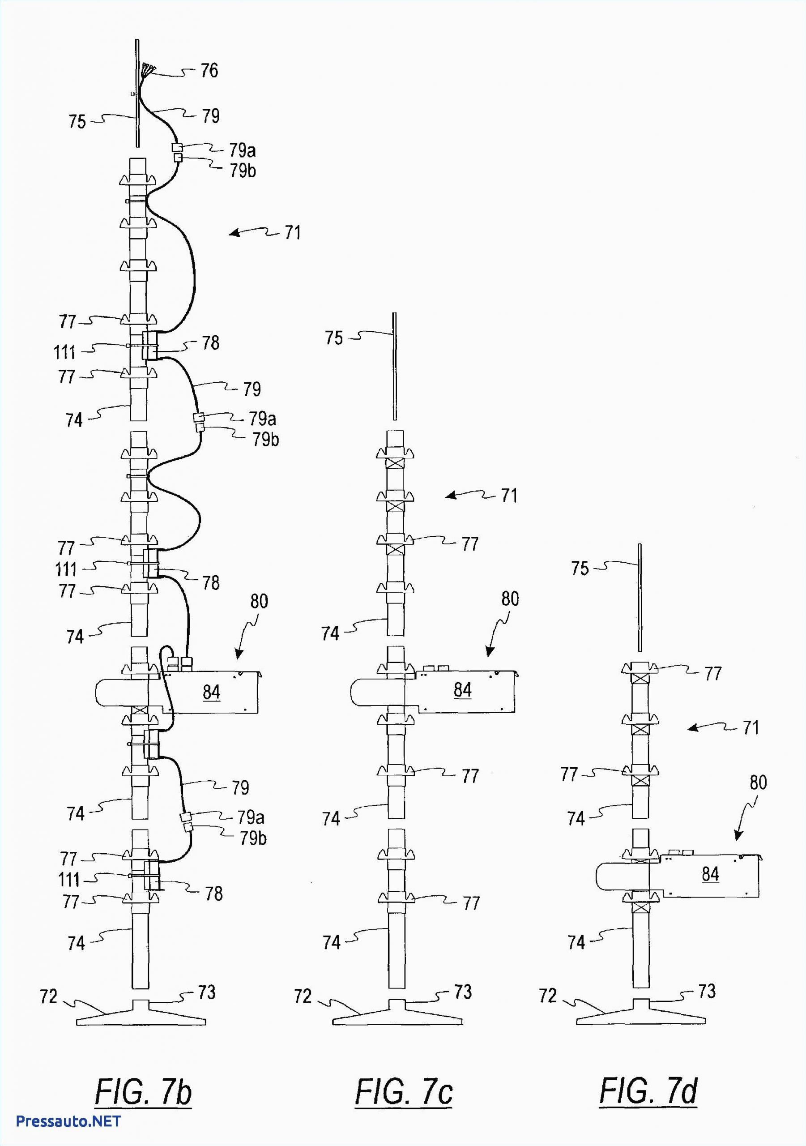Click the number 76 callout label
(x=209, y=70)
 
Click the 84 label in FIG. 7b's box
(x=211, y=692)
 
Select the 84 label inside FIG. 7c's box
(x=462, y=690)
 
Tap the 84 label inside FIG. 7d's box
(x=710, y=874)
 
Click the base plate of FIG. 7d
(x=641, y=1014)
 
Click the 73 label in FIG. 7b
(x=207, y=992)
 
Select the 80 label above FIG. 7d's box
(x=758, y=782)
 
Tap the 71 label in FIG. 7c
(x=508, y=496)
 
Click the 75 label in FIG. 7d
(x=580, y=569)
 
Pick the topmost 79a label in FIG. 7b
(x=243, y=150)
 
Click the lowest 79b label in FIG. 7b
(x=253, y=838)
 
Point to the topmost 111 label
(x=64, y=353)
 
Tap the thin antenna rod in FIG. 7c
(x=394, y=367)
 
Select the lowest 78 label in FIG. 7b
(x=213, y=894)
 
